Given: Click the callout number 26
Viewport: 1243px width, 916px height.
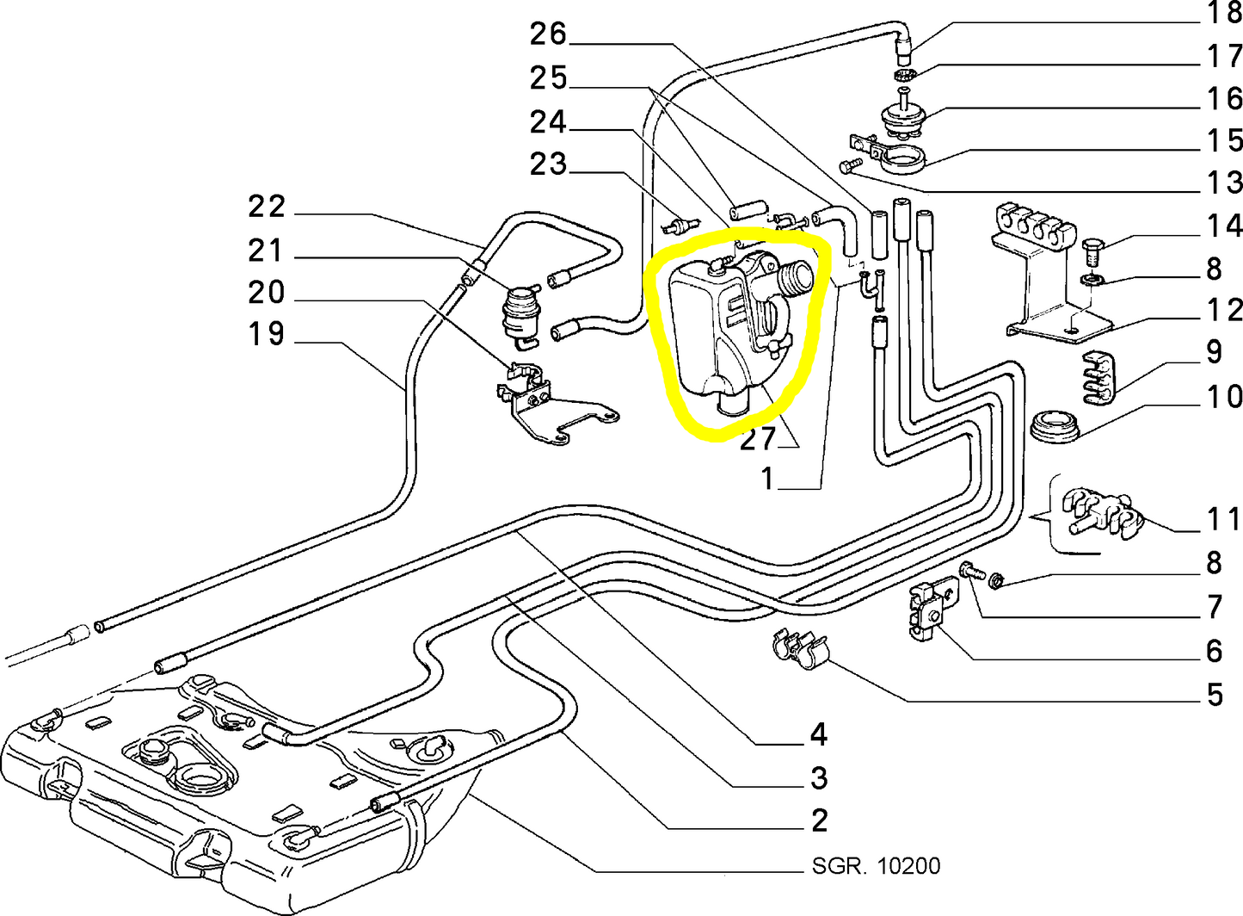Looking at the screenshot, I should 548,34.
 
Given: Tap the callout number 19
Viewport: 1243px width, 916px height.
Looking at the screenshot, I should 266,333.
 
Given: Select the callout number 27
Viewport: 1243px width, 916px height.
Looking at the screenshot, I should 758,439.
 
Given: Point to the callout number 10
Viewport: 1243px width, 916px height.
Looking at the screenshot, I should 1224,397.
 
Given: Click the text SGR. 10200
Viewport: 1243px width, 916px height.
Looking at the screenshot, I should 876,865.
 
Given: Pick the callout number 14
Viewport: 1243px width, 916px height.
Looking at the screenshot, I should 1224,226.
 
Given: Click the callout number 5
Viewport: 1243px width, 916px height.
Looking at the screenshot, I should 1215,694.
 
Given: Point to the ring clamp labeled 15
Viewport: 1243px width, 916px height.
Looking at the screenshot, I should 902,160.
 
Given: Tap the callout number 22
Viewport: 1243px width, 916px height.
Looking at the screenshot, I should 266,207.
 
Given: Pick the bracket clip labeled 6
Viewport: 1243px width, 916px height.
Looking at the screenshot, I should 932,610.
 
